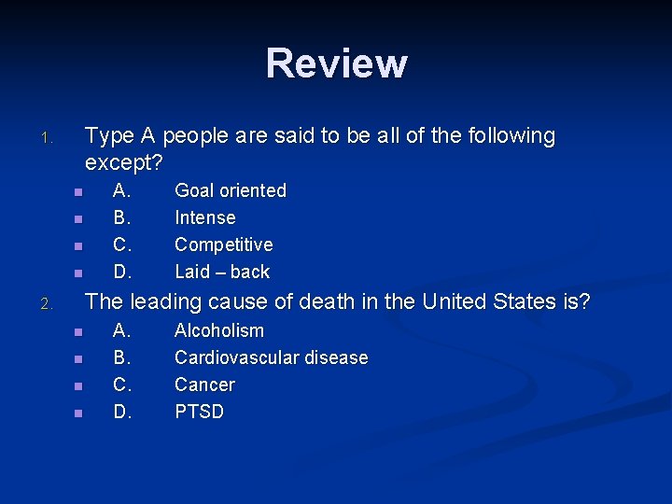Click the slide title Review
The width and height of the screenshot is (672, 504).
(x=336, y=63)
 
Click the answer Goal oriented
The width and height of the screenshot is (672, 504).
(x=231, y=190)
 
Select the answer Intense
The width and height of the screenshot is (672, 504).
(x=205, y=217)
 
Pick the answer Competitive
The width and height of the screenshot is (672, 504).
(x=224, y=245)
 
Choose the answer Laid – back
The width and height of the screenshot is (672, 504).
(x=222, y=272)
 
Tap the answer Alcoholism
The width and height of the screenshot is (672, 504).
(x=219, y=330)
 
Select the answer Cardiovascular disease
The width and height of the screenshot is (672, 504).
(x=272, y=357)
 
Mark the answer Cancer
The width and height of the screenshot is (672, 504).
(x=205, y=385)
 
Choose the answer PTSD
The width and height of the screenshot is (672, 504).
(x=200, y=412)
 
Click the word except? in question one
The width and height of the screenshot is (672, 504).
(x=125, y=163)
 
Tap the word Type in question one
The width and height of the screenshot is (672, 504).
(x=109, y=136)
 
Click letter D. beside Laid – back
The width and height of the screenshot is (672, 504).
(x=122, y=272)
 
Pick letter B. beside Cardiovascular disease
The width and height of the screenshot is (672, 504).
(x=122, y=357)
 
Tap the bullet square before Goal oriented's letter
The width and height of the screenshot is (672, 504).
(x=78, y=192)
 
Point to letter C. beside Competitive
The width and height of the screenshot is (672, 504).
(x=122, y=245)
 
